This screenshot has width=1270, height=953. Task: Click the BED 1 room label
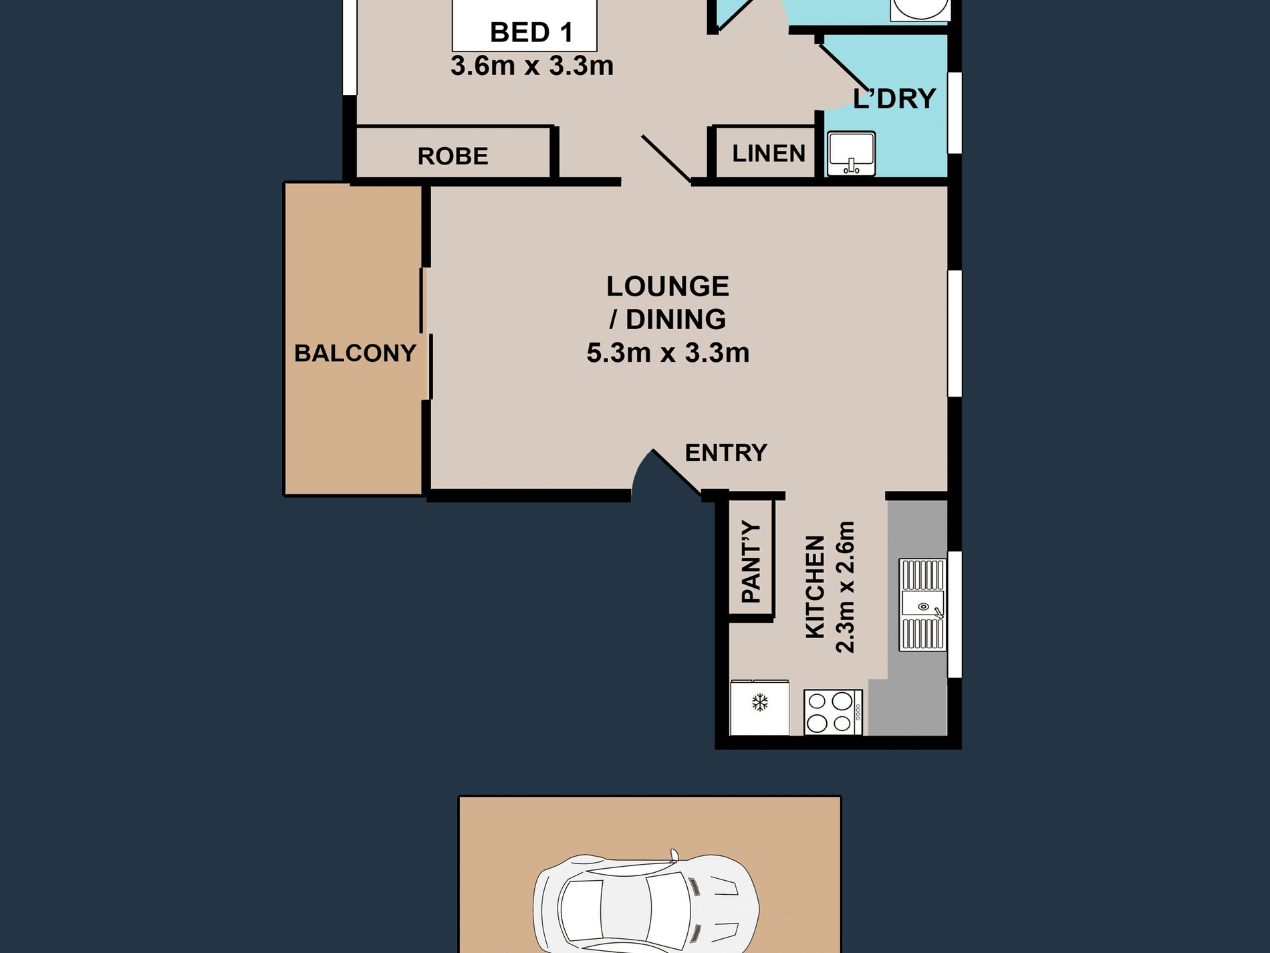pos(531,32)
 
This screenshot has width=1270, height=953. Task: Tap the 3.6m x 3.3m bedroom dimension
pos(532,66)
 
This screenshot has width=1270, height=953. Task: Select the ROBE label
pos(453,156)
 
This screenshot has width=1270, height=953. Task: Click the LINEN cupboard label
pos(769,153)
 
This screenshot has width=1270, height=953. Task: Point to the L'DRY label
pos(894,98)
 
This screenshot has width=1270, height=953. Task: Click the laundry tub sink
pos(852,154)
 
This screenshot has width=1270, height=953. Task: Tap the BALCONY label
pos(355,352)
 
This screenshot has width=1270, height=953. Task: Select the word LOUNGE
pos(668,286)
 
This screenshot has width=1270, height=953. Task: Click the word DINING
pos(676,319)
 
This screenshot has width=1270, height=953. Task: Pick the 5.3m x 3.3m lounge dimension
pos(668,352)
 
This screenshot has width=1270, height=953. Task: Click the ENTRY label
pos(726,453)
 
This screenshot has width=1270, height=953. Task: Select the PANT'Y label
pos(751,562)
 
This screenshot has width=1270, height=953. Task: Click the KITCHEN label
pos(815,587)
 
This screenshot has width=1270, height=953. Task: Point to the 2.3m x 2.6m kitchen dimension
pos(846,587)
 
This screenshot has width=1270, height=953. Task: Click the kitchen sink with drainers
pos(922,605)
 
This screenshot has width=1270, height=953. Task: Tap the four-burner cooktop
pos(833,712)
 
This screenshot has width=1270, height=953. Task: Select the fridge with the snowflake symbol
pos(760,708)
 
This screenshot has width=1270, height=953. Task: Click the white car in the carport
pos(646,904)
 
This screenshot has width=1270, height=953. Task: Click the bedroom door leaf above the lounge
pos(666,158)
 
